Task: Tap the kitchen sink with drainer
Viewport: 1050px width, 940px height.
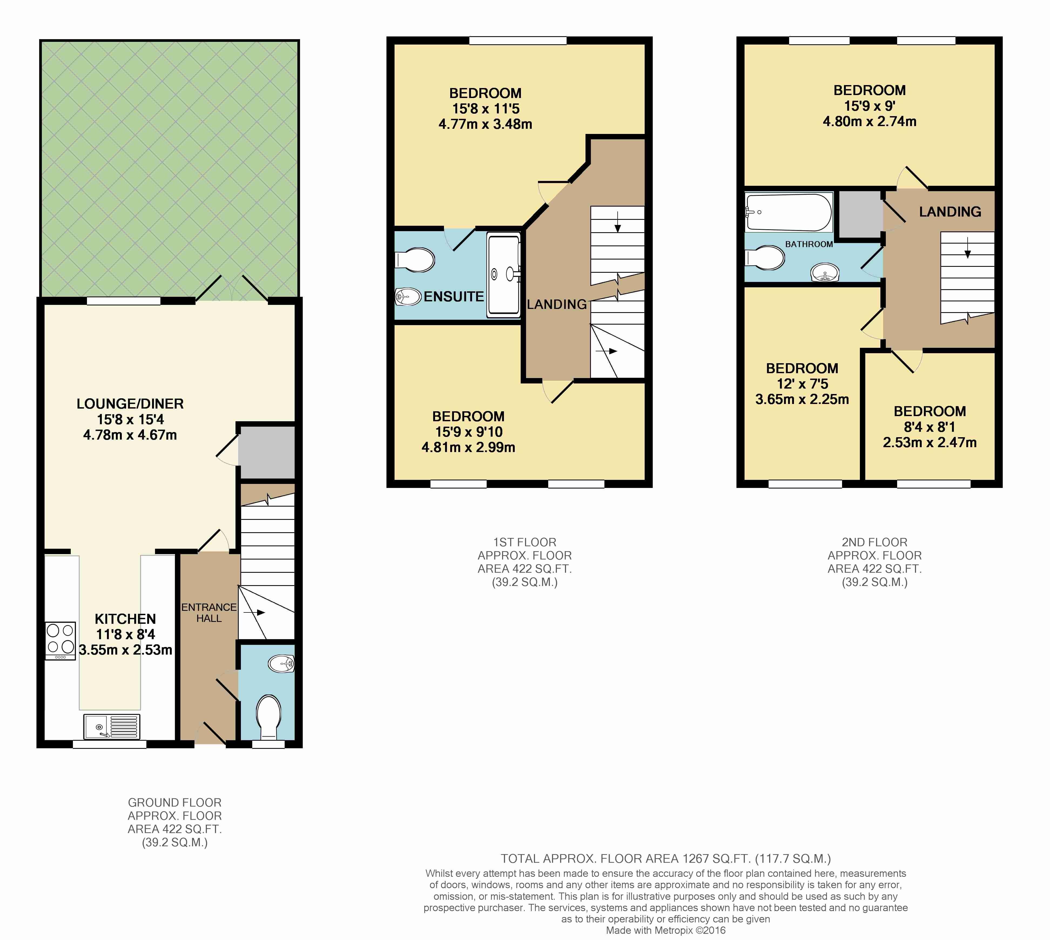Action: tap(112, 726)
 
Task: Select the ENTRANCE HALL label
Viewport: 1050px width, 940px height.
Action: tap(209, 612)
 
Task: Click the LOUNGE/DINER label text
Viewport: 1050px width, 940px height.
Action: tap(130, 404)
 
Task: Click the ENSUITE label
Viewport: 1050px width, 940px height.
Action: tap(453, 297)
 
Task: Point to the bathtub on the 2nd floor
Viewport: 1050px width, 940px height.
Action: tap(788, 212)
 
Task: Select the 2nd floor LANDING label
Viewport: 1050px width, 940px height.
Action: tap(950, 212)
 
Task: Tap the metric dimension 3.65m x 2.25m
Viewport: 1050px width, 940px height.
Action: tap(802, 399)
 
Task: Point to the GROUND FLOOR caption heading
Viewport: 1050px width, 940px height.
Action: tap(174, 803)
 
